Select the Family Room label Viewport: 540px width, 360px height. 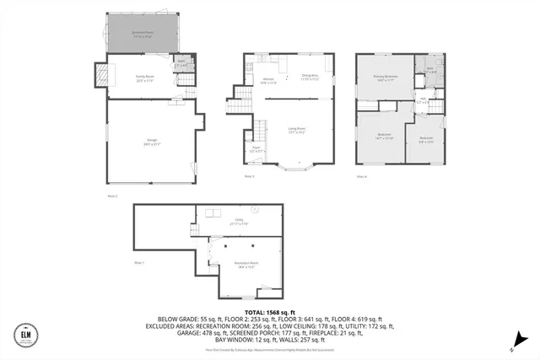pos(144,78)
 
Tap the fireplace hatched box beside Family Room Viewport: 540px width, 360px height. pos(102,76)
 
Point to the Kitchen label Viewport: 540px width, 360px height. pos(267,82)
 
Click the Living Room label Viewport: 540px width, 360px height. pos(297,131)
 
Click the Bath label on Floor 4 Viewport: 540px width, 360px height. pos(430,71)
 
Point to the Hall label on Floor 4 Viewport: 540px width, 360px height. pos(422,101)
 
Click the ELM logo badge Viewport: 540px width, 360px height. pos(25,335)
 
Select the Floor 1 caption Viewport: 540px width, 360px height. pos(140,263)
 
